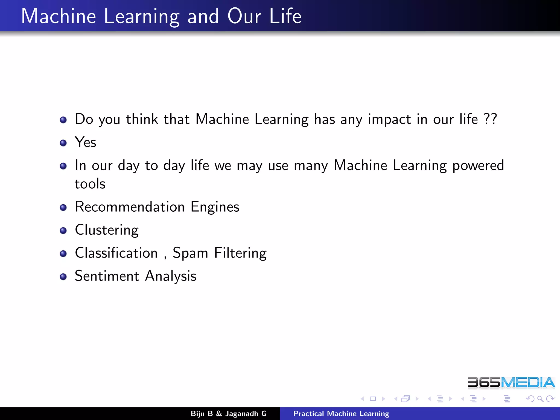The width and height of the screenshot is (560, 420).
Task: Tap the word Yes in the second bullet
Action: [x=85, y=142]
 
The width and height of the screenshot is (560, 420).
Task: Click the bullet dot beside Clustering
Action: [x=63, y=231]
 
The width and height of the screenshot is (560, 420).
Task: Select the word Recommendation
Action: [x=130, y=207]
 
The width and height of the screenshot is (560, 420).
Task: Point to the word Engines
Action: [x=215, y=207]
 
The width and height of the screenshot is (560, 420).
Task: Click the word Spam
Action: [x=190, y=253]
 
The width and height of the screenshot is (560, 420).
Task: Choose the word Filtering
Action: [x=240, y=253]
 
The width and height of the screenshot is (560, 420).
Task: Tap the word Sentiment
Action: [x=107, y=276]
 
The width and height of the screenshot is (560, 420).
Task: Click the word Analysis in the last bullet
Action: [x=171, y=276]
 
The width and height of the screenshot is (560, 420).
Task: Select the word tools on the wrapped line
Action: [x=90, y=184]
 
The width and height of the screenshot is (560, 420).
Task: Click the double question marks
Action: [x=490, y=119]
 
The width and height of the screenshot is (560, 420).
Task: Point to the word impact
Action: [x=389, y=119]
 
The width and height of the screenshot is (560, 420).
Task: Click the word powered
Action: [x=478, y=166]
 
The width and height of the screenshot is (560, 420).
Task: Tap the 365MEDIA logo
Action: [x=511, y=383]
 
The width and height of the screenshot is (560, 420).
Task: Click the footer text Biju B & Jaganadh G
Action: [x=229, y=413]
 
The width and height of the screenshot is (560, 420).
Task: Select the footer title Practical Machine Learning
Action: [x=341, y=413]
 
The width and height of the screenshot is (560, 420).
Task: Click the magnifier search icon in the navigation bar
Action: [x=540, y=399]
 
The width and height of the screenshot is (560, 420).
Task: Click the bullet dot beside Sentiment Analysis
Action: [x=63, y=277]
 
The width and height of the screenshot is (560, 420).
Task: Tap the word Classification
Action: [x=116, y=253]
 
